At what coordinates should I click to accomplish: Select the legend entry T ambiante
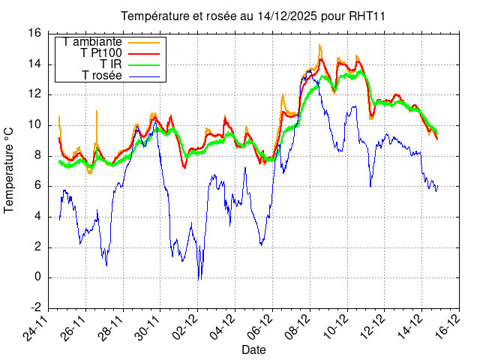click(92, 41)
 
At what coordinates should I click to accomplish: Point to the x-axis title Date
click(253, 349)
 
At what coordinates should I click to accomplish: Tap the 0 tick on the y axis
click(37, 277)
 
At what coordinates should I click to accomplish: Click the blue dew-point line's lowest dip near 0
click(199, 280)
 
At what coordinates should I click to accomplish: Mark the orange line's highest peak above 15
click(319, 46)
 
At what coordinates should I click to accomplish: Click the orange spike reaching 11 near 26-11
click(97, 111)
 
